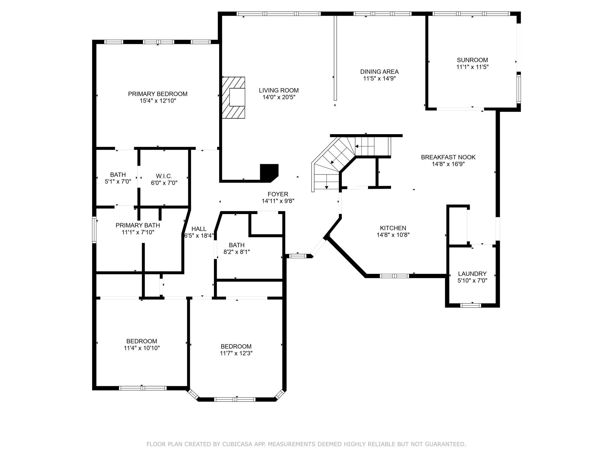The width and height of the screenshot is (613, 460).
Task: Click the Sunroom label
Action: tap(472, 60)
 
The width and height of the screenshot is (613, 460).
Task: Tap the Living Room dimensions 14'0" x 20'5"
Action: tap(279, 97)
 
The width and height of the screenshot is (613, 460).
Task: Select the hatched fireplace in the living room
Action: tap(233, 98)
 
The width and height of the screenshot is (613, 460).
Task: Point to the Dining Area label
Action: tap(379, 72)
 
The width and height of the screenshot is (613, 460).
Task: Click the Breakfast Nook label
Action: tap(448, 157)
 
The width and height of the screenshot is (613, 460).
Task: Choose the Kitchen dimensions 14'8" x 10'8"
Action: tap(393, 235)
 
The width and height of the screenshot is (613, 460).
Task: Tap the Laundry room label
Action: tap(472, 274)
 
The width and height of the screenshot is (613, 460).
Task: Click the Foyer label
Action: tap(278, 194)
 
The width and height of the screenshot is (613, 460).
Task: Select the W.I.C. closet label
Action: tap(164, 176)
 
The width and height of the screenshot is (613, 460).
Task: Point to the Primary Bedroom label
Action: tap(158, 94)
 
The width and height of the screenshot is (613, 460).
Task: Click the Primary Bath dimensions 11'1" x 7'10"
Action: tap(138, 232)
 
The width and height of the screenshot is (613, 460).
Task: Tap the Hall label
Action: tap(199, 229)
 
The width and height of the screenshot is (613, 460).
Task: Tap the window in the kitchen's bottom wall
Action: tap(394, 276)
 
